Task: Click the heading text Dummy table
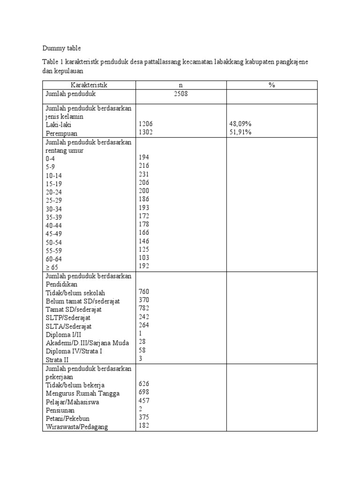61,48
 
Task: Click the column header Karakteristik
89,85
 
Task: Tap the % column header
272,85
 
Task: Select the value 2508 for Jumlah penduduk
181,94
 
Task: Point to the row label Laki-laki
59,125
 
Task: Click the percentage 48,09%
240,124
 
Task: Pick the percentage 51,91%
240,132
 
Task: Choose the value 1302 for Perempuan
146,132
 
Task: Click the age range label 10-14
54,175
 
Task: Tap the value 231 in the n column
144,174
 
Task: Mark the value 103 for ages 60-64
144,258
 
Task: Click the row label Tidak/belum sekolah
75,293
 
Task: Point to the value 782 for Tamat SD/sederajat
144,308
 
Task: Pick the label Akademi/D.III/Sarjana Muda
87,342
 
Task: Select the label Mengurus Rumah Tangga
82,393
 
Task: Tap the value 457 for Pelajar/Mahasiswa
144,401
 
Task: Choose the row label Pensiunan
60,410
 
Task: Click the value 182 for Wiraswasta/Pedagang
144,426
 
